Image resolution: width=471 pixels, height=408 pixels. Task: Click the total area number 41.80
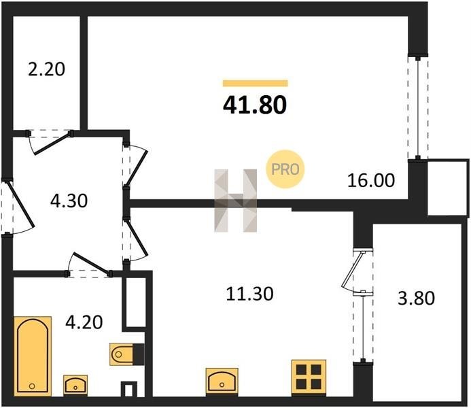click(x=255, y=105)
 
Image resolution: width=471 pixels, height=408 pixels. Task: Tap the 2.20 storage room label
click(x=46, y=69)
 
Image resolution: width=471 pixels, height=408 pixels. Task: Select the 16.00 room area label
click(x=371, y=181)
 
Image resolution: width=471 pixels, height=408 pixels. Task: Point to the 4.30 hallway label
click(x=69, y=201)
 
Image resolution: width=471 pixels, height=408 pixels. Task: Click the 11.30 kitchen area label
click(x=249, y=294)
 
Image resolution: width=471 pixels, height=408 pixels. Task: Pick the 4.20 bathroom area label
click(x=84, y=322)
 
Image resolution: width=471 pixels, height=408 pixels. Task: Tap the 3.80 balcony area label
click(x=417, y=299)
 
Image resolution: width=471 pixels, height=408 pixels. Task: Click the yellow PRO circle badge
click(x=285, y=169)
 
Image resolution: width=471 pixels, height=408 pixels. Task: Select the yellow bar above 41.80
click(x=256, y=83)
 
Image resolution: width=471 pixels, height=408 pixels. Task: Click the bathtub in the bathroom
click(x=33, y=356)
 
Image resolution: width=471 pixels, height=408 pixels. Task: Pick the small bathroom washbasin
click(x=75, y=385)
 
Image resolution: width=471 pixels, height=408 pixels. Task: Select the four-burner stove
click(x=309, y=377)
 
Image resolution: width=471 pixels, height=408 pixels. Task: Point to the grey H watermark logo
click(x=235, y=201)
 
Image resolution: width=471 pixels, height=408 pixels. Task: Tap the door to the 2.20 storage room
click(x=50, y=142)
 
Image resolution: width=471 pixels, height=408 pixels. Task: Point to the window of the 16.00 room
click(x=418, y=107)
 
